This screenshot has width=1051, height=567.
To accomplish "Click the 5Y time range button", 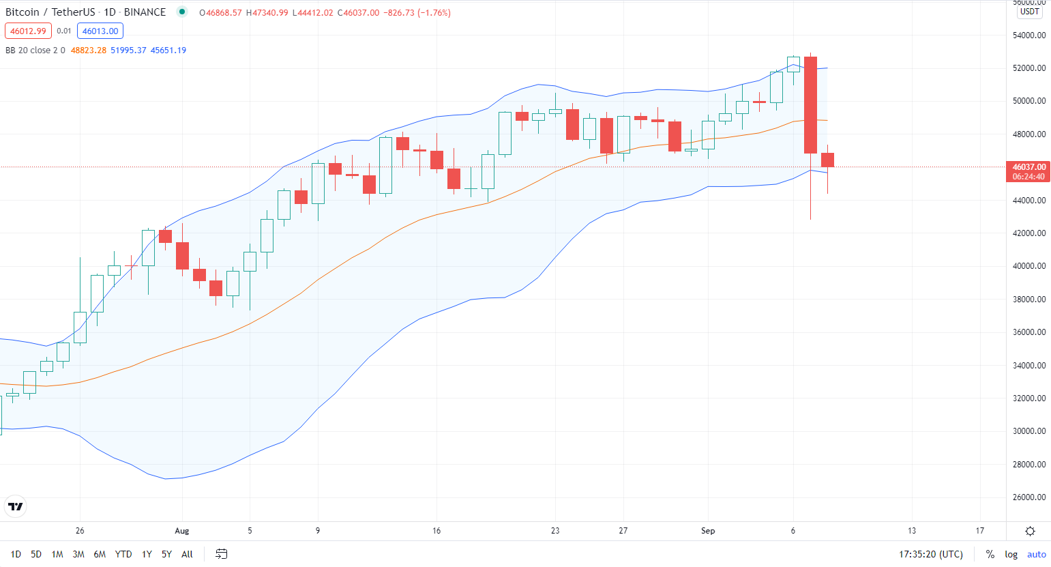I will [x=166, y=554].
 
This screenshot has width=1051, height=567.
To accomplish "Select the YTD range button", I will [x=123, y=554].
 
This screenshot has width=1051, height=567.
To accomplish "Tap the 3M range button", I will [x=78, y=554].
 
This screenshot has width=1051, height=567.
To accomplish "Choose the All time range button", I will [x=187, y=554].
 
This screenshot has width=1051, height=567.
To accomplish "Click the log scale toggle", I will [x=1011, y=554].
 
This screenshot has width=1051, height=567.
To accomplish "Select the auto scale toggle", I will [x=1036, y=554].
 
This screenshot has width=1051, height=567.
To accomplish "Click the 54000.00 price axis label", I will [x=1029, y=35].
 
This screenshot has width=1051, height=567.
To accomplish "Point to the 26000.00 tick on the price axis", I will [x=1029, y=497].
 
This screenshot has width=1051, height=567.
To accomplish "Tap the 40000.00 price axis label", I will [x=1029, y=266].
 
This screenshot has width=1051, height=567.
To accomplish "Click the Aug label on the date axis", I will [x=181, y=531].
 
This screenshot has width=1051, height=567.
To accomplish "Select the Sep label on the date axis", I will [x=708, y=531].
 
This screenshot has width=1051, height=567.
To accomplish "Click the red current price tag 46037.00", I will [x=1028, y=167].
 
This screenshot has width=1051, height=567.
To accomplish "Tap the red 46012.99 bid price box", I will [x=28, y=31].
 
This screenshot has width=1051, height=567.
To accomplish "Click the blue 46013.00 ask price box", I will [x=100, y=31].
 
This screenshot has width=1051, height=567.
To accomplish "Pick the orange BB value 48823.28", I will [x=89, y=50].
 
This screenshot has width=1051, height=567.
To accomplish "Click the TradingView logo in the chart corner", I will [x=15, y=506].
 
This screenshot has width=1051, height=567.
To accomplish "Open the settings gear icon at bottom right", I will [x=1030, y=531].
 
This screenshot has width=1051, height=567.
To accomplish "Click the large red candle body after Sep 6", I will [x=810, y=105].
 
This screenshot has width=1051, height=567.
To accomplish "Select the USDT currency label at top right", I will [x=1029, y=12].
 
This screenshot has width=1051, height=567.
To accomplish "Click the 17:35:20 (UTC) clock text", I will [x=930, y=554].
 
